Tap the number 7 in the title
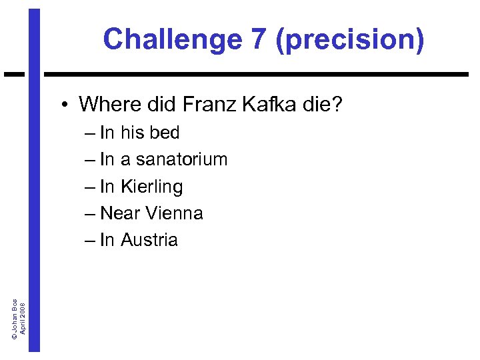pyautogui.click(x=258, y=39)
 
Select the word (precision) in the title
pyautogui.click(x=349, y=39)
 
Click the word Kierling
pyautogui.click(x=151, y=187)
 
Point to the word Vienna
pyautogui.click(x=174, y=213)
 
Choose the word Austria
pyautogui.click(x=149, y=240)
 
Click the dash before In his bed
pyautogui.click(x=91, y=133)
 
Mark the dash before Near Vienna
pyautogui.click(x=91, y=214)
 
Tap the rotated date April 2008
pyautogui.click(x=23, y=317)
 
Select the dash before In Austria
pyautogui.click(x=91, y=241)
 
